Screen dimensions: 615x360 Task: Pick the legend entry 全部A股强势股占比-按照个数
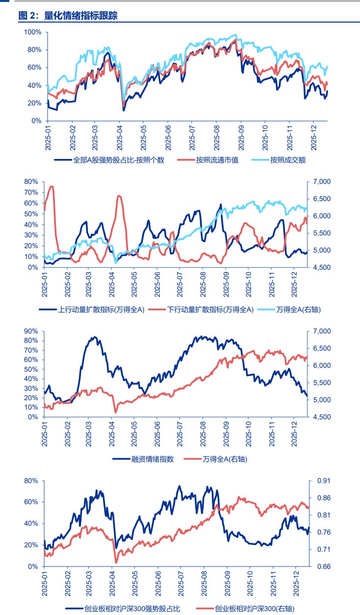118,160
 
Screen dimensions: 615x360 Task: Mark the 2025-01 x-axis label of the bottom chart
44,584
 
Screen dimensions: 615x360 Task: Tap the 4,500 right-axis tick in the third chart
321,417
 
